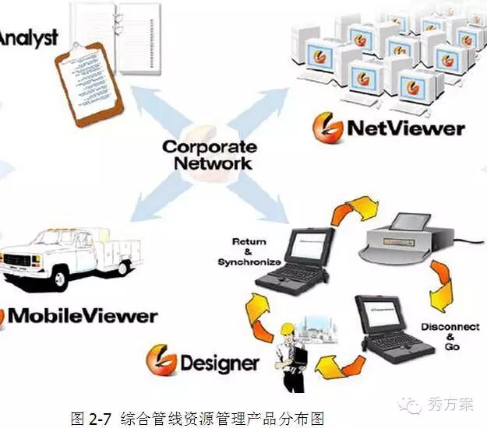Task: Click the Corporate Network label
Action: click(x=208, y=154)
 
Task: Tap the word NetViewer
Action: click(x=404, y=128)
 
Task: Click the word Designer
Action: click(x=220, y=363)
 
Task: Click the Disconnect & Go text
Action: click(x=440, y=336)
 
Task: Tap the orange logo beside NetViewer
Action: click(x=328, y=127)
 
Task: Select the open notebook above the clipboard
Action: click(x=117, y=23)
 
